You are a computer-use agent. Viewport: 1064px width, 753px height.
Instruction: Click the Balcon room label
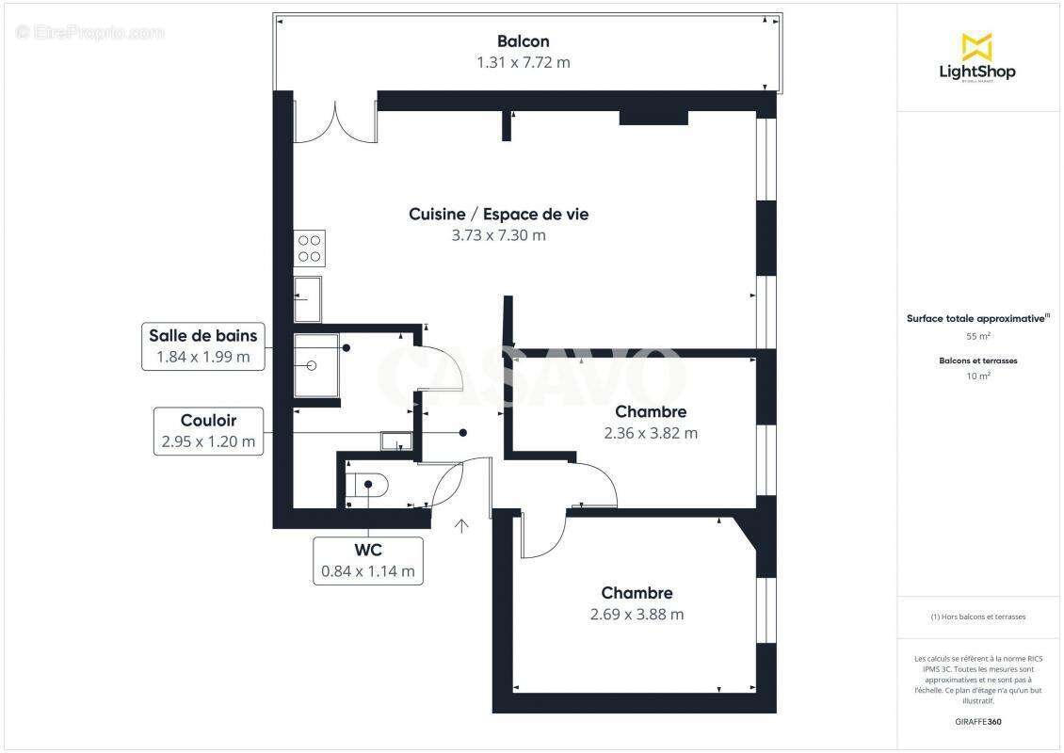click(523, 41)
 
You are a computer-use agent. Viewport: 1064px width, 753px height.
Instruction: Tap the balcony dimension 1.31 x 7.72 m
click(523, 63)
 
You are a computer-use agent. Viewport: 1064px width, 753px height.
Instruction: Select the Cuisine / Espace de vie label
click(498, 215)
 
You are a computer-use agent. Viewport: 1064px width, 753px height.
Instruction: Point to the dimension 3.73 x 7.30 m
click(498, 235)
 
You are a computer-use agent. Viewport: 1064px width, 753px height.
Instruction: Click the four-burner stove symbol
click(310, 248)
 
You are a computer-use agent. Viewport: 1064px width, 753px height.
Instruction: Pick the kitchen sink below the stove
click(307, 299)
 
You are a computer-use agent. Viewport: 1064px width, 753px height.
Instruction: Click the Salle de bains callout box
click(202, 345)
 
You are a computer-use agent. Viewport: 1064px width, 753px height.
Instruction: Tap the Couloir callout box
click(208, 431)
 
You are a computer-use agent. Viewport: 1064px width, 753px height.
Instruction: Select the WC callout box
click(367, 559)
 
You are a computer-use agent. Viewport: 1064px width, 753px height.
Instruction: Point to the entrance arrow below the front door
click(462, 525)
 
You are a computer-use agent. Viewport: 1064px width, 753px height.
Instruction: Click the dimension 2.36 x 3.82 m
click(651, 433)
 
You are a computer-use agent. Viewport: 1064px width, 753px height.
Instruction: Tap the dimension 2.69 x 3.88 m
click(637, 615)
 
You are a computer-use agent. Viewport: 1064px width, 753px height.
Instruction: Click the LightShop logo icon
click(976, 46)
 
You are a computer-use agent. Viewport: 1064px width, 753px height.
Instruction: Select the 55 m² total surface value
click(977, 336)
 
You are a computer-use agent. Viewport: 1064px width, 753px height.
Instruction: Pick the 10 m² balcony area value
click(977, 376)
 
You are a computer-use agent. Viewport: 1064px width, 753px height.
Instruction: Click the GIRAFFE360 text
click(977, 722)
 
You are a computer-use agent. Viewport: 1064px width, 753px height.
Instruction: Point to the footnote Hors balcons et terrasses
click(977, 617)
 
